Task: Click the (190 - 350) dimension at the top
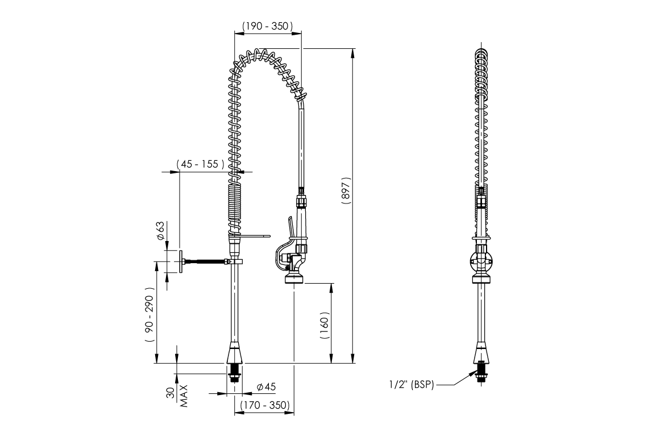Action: point(267,26)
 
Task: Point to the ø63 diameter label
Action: point(161,230)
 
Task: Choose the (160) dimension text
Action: point(325,325)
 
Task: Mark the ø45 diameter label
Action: point(266,387)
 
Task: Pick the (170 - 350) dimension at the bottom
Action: point(265,405)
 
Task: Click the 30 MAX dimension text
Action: point(176,396)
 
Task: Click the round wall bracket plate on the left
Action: point(180,262)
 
